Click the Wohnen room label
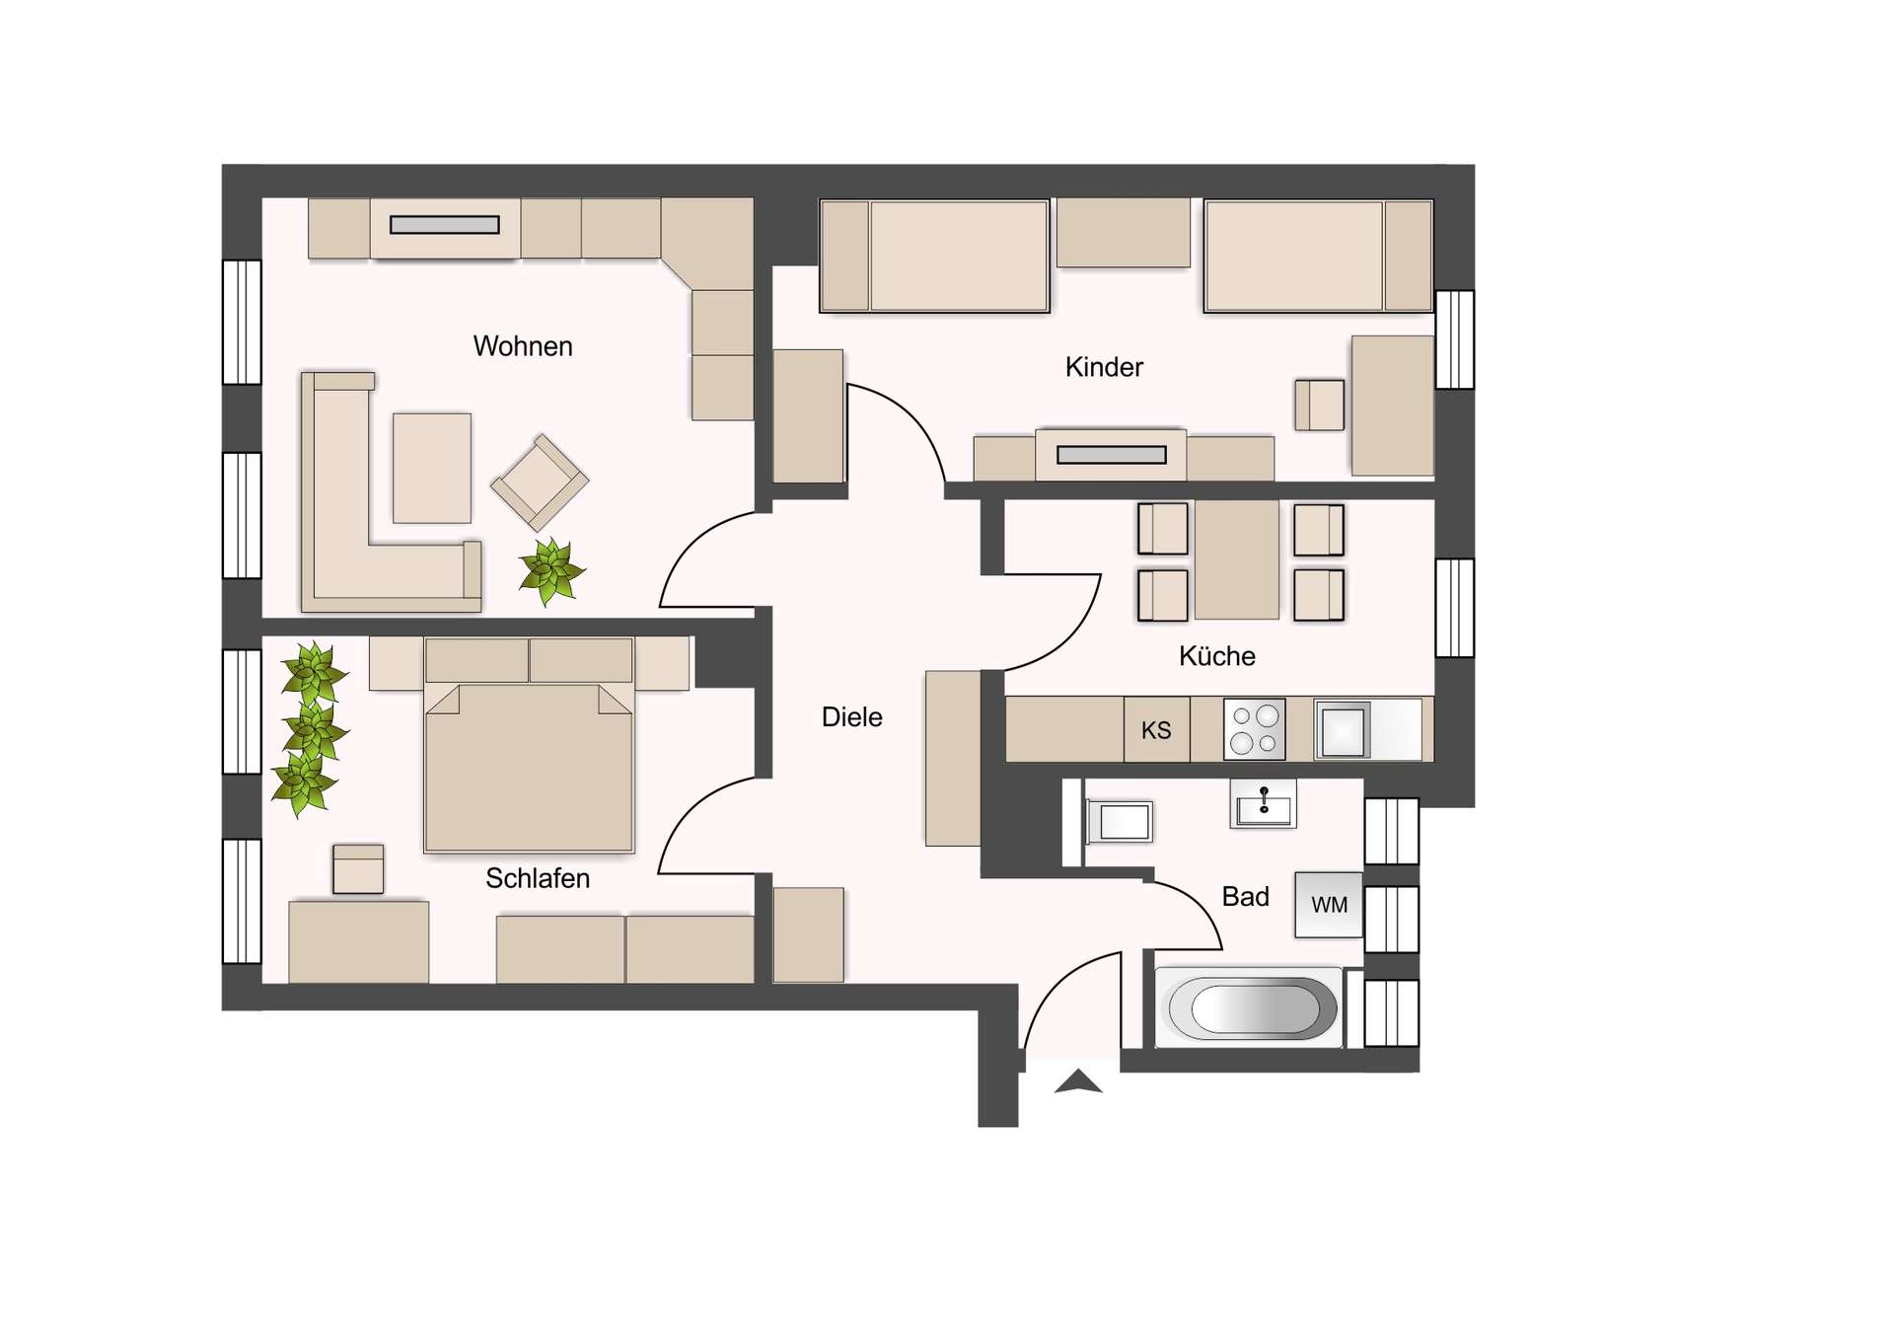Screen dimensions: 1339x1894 point(522,346)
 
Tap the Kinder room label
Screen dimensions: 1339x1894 point(1104,367)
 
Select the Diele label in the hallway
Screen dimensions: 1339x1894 point(851,717)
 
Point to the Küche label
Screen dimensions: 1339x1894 point(1216,656)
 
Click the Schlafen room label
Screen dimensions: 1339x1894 point(538,878)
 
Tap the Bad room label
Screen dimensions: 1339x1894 point(1245,897)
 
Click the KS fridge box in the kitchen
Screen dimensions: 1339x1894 point(1156,730)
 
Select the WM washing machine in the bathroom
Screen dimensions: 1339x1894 point(1329,905)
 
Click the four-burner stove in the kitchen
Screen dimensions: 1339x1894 point(1255,729)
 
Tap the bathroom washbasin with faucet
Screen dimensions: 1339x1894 point(1264,803)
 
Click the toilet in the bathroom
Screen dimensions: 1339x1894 point(1121,821)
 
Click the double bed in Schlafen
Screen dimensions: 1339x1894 point(529,765)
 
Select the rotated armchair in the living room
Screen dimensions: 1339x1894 point(540,482)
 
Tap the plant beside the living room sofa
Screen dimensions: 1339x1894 point(550,571)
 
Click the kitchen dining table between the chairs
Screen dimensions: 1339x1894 point(1237,559)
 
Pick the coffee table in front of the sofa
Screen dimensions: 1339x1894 point(432,468)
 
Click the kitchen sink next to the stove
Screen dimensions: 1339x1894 point(1343,730)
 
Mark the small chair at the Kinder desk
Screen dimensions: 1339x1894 point(1320,405)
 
